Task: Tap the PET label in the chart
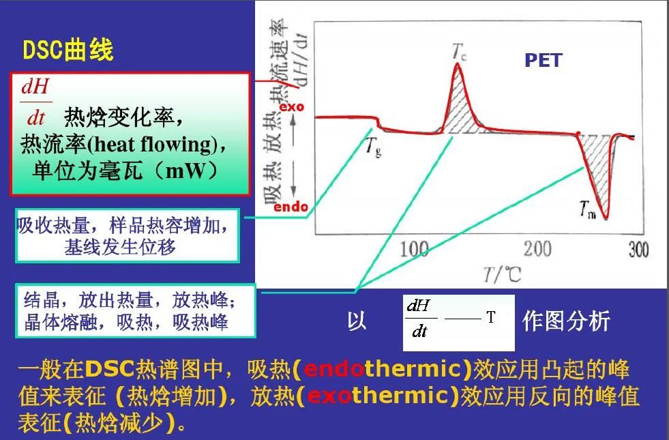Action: pos(543,60)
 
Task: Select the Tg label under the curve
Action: pos(373,145)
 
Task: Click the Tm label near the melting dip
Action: pos(589,211)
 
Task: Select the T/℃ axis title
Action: pos(503,274)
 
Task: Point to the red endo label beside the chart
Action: pos(291,207)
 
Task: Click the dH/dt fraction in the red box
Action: pos(35,102)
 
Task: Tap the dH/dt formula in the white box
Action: pos(417,318)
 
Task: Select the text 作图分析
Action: pos(565,321)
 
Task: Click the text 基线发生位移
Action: pos(120,247)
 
